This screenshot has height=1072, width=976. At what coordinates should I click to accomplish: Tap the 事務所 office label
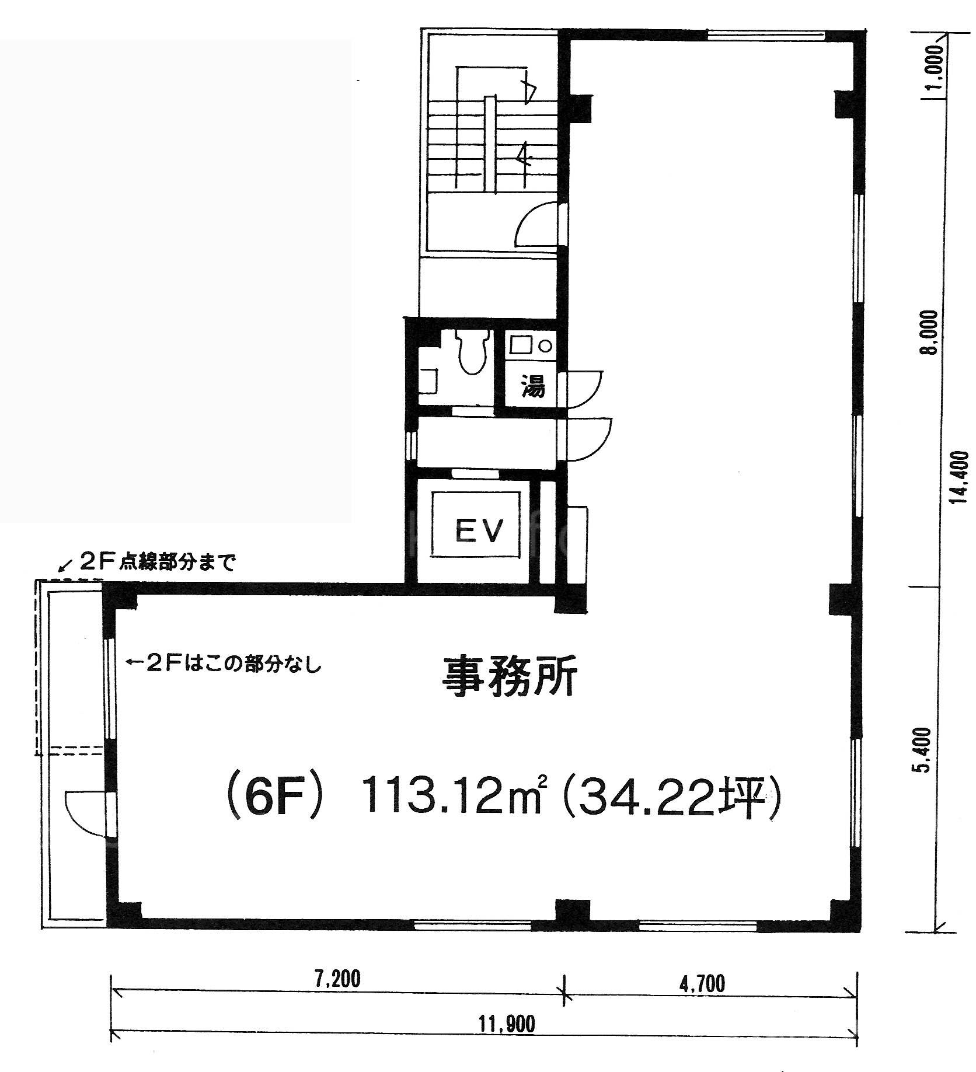point(509,675)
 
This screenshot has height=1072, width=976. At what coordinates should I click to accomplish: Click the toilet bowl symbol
point(472,351)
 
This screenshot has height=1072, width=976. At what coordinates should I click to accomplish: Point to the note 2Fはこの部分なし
point(225,665)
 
